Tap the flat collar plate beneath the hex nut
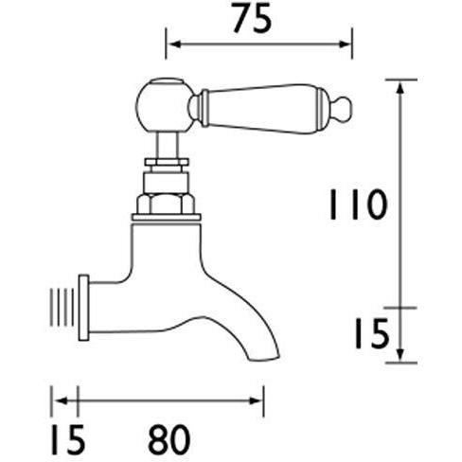point(168,219)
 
